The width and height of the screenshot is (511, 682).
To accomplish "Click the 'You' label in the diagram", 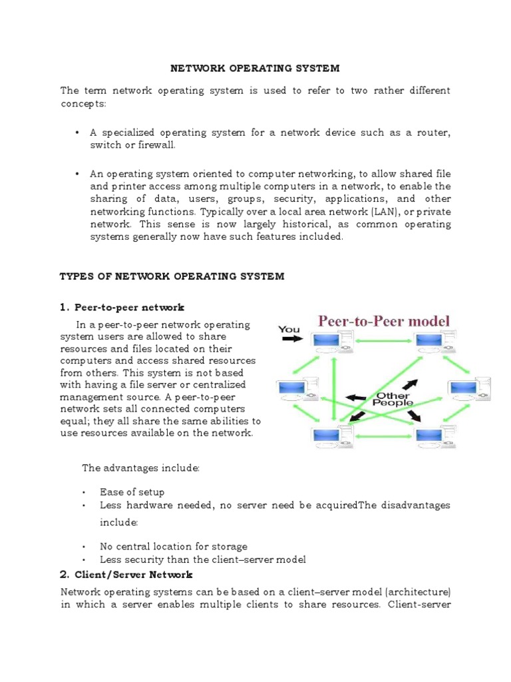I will point(289,329).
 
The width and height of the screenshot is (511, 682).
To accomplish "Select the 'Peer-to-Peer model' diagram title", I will point(384,320).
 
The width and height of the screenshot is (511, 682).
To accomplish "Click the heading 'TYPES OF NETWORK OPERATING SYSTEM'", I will point(172,276).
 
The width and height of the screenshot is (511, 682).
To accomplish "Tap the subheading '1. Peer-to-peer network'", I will point(122,307).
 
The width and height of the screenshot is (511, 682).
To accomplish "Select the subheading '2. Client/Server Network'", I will point(126,574).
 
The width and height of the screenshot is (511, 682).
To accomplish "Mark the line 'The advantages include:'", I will point(140,468).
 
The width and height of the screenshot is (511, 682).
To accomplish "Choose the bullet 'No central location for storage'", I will point(173,546).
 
